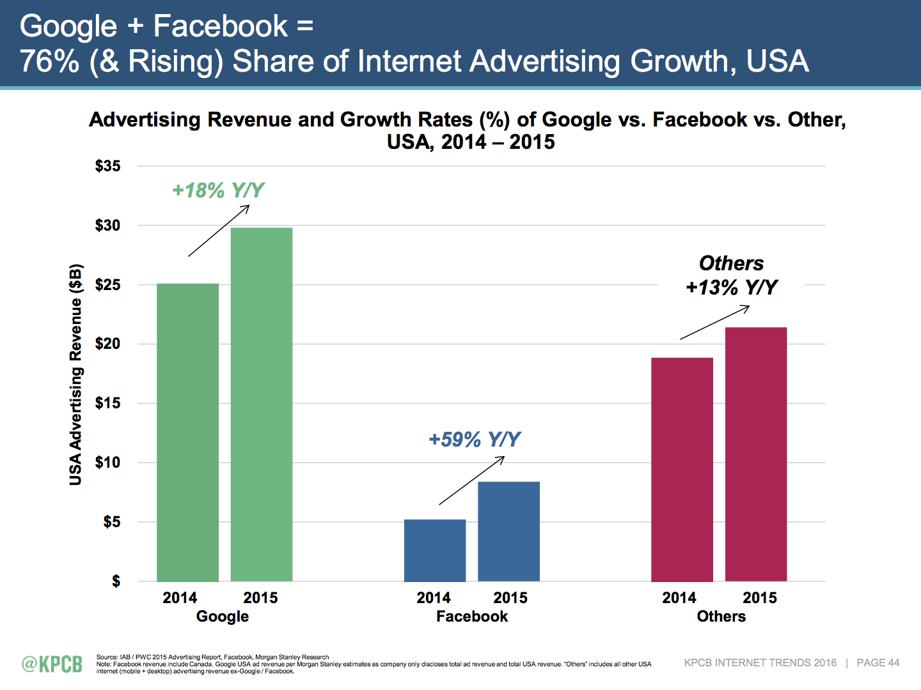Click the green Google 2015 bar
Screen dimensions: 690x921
pos(262,404)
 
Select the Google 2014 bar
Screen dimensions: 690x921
pos(187,433)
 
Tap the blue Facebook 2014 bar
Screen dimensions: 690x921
pos(435,550)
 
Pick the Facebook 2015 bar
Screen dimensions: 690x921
pos(508,532)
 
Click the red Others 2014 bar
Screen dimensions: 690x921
pos(682,470)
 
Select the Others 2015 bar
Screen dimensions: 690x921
pos(756,454)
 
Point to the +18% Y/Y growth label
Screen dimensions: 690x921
pos(218,190)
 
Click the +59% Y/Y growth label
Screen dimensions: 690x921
pos(475,440)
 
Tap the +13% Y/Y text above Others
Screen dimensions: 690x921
pos(732,287)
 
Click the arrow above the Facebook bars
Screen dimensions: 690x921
pos(471,480)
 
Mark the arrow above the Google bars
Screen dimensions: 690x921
pos(219,231)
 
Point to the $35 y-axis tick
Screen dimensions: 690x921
pos(107,166)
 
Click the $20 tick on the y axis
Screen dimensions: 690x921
pos(107,344)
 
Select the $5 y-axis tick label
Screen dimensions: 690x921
pos(111,522)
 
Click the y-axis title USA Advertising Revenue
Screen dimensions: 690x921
pos(76,374)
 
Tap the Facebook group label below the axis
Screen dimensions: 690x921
pos(472,617)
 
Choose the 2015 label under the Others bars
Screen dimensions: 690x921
pos(760,598)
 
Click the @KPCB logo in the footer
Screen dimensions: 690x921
pos(52,664)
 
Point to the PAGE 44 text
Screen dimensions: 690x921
pos(878,663)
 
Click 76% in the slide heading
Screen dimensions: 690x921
pos(50,61)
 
